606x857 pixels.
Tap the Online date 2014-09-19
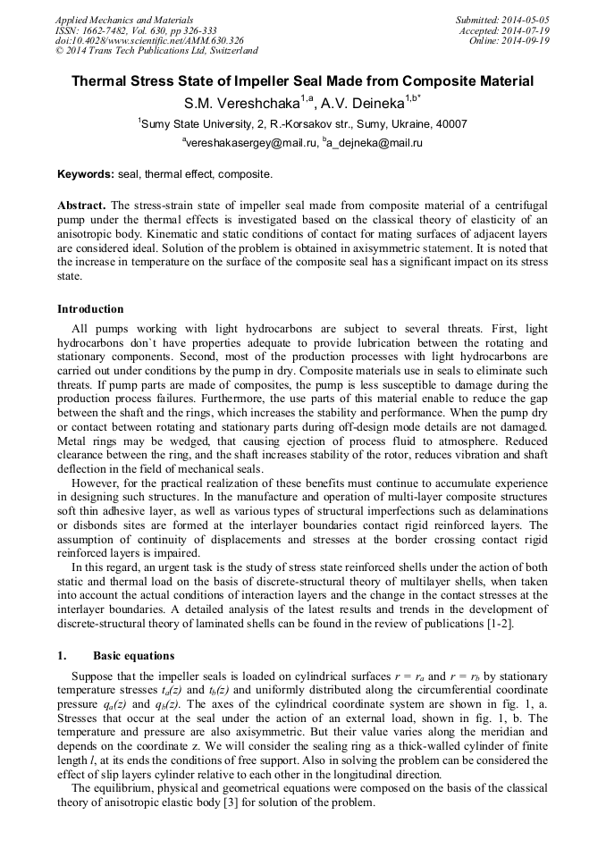pos(528,40)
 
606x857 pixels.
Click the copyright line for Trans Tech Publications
pos(156,51)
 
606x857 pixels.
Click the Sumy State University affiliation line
pos(302,123)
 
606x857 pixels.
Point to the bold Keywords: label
pos(86,173)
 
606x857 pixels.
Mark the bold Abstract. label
pos(82,205)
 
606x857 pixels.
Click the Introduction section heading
pos(90,309)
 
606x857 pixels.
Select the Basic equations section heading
pos(133,656)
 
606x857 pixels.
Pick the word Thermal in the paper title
pos(103,81)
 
